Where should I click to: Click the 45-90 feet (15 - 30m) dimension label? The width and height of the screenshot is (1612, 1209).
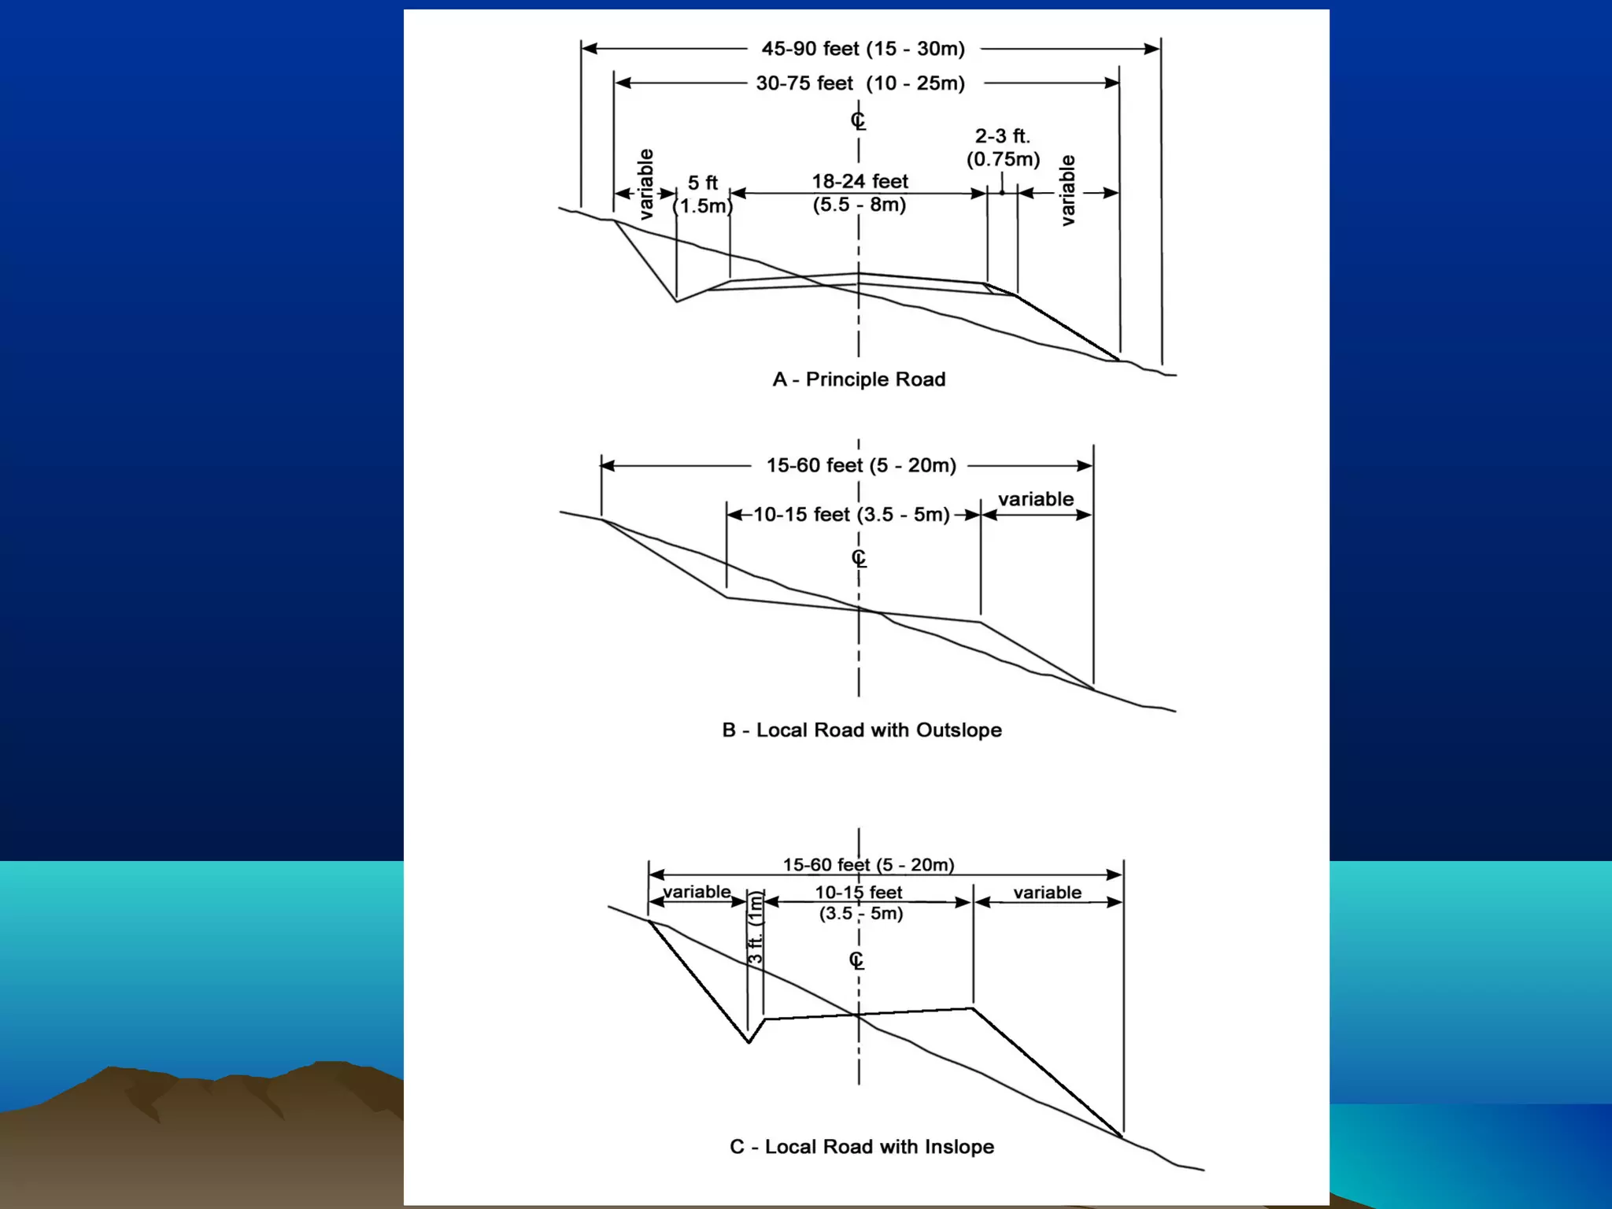pyautogui.click(x=863, y=49)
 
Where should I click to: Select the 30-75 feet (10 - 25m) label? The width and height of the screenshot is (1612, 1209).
pyautogui.click(x=860, y=83)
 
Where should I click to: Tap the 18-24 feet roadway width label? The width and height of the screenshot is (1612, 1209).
pyautogui.click(x=860, y=193)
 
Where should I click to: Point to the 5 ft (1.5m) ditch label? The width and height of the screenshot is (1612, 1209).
pyautogui.click(x=703, y=194)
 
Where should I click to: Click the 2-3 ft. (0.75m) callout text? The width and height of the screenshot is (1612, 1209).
pyautogui.click(x=1003, y=148)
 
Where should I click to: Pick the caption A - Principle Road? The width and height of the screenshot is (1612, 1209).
pyautogui.click(x=859, y=379)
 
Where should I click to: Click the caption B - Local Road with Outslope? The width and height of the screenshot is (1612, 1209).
pyautogui.click(x=862, y=730)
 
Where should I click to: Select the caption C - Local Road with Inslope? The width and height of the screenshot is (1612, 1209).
pyautogui.click(x=862, y=1147)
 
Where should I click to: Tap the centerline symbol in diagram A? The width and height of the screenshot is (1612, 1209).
pyautogui.click(x=858, y=120)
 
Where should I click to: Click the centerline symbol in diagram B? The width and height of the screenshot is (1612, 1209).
pyautogui.click(x=859, y=558)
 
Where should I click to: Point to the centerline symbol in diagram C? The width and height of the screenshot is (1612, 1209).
pyautogui.click(x=856, y=960)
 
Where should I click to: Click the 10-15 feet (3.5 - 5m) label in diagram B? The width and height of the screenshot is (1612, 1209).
pyautogui.click(x=852, y=515)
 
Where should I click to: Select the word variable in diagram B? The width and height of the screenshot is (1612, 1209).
pyautogui.click(x=1036, y=499)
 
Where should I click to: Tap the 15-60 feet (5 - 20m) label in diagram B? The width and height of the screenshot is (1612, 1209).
pyautogui.click(x=861, y=465)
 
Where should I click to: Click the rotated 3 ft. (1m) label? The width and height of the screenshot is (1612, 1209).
pyautogui.click(x=756, y=928)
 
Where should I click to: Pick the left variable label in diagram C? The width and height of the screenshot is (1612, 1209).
pyautogui.click(x=697, y=892)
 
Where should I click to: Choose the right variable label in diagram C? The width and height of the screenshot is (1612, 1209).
pyautogui.click(x=1047, y=893)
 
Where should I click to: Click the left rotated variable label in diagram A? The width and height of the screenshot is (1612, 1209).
pyautogui.click(x=645, y=184)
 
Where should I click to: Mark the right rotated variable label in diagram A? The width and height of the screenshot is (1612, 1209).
pyautogui.click(x=1067, y=190)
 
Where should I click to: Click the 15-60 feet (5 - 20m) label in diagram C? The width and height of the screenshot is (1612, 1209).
pyautogui.click(x=868, y=865)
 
